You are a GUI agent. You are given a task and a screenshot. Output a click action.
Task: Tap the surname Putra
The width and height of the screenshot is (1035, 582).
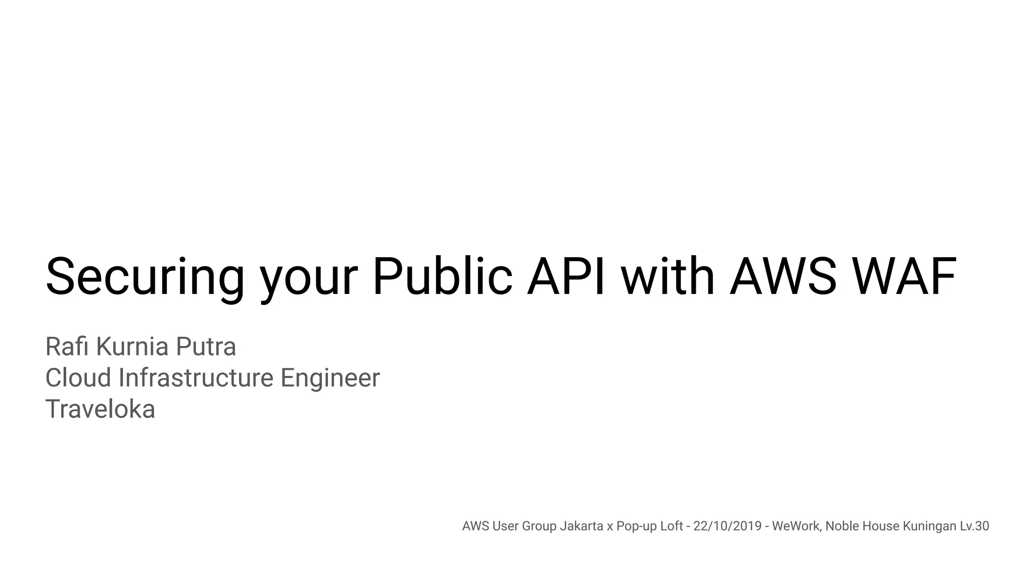(206, 347)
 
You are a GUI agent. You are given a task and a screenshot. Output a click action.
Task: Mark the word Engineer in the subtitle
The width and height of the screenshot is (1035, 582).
(330, 378)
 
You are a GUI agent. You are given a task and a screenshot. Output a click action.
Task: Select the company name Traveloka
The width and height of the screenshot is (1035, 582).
(100, 409)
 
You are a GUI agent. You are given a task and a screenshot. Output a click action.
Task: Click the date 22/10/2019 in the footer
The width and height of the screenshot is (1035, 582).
(727, 526)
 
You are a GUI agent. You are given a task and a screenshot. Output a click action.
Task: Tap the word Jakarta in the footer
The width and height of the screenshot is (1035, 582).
(582, 526)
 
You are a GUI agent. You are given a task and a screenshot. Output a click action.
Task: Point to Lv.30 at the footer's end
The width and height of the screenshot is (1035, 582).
(974, 526)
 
